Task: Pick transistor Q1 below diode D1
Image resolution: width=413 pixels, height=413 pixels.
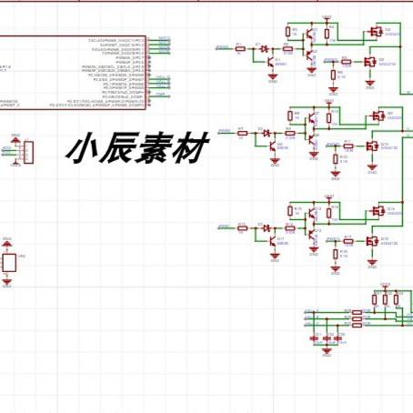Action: (x=272, y=65)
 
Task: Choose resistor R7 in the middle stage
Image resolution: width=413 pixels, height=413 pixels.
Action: (x=242, y=133)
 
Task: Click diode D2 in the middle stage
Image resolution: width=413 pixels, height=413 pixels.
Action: (x=266, y=133)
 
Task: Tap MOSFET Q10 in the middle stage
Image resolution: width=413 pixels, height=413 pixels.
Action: (x=371, y=146)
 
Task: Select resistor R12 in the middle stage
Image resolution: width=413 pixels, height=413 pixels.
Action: (x=347, y=145)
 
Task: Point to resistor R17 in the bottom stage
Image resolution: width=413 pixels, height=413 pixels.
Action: (x=347, y=241)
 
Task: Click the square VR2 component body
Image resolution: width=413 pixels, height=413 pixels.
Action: (x=9, y=263)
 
